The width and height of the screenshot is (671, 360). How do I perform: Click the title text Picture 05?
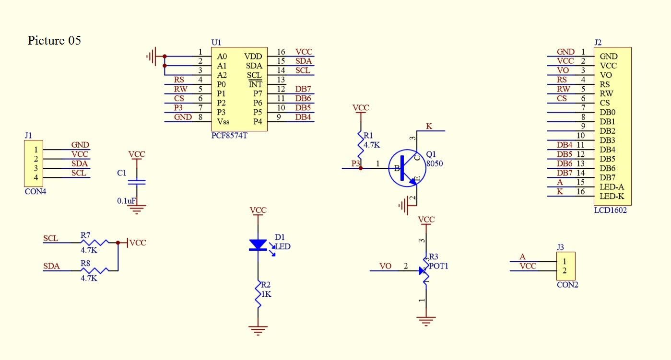click(54, 40)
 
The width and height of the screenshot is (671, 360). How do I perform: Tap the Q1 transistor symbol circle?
click(407, 168)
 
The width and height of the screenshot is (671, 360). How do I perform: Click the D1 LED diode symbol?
click(258, 245)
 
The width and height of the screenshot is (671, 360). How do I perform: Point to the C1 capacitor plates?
click(137, 182)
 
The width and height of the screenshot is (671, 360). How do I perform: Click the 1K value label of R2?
click(266, 294)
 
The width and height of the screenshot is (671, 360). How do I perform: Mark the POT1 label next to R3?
click(438, 266)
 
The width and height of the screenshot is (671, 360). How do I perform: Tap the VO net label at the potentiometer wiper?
click(385, 266)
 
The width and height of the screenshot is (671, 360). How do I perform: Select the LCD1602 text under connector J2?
click(610, 210)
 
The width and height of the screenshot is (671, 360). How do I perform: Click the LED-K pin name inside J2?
click(612, 196)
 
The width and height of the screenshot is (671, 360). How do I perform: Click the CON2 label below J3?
click(567, 284)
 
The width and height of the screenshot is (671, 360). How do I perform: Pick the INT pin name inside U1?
click(255, 85)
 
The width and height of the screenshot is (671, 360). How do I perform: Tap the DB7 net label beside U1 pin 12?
click(303, 89)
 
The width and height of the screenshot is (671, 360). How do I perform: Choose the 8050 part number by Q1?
click(435, 163)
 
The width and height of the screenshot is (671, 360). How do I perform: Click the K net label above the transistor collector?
click(429, 126)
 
